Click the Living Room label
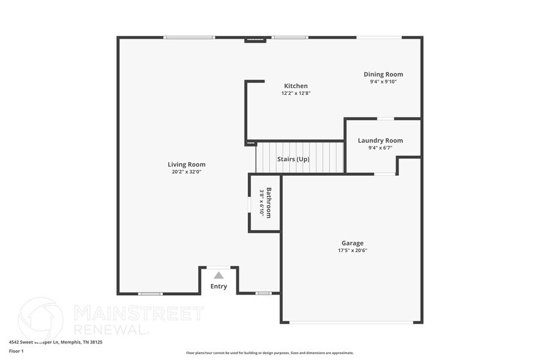[187, 164]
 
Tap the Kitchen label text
[296, 86]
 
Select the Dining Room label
[383, 74]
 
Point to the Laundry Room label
[380, 140]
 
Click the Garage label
[353, 243]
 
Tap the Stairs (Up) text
[293, 159]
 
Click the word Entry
[219, 287]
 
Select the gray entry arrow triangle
[219, 276]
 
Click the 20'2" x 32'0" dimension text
[187, 172]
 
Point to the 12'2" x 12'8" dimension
[296, 94]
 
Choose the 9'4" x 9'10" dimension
[383, 81]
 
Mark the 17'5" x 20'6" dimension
[353, 250]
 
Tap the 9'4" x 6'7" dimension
[380, 148]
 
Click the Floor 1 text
[16, 351]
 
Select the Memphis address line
[55, 342]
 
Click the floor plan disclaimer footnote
[269, 353]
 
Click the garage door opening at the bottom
[352, 323]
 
